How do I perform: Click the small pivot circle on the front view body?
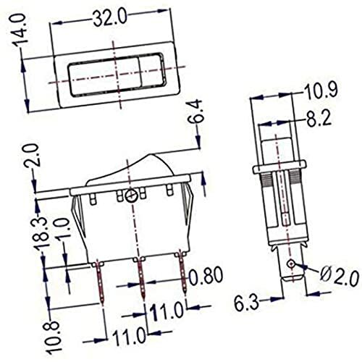click(x=131, y=196)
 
